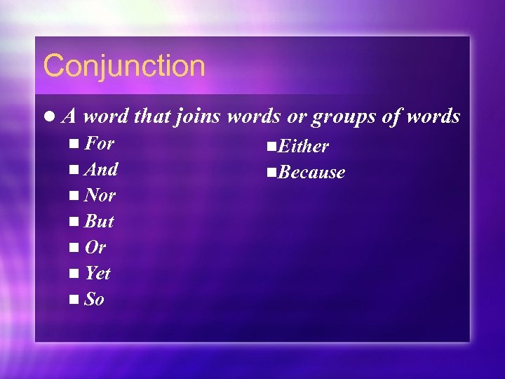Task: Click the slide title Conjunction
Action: click(x=124, y=67)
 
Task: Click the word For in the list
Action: click(x=100, y=144)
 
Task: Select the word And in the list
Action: click(x=101, y=169)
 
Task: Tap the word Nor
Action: click(x=100, y=195)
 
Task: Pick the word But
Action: click(x=99, y=222)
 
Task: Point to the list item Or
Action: click(x=95, y=248)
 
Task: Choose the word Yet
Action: click(x=97, y=273)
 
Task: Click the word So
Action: click(x=95, y=300)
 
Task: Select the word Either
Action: click(x=304, y=147)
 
